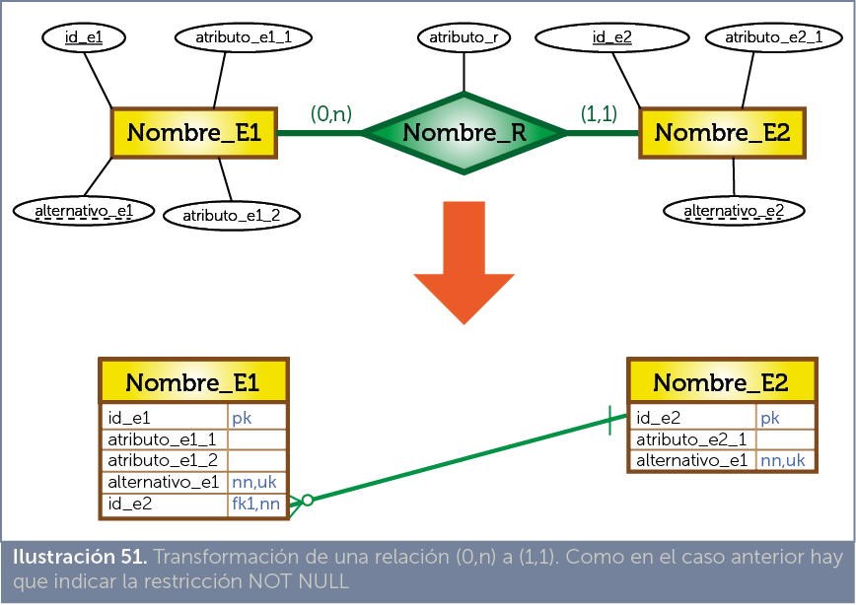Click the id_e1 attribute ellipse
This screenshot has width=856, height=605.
(84, 37)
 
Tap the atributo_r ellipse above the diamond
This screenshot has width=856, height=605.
(464, 37)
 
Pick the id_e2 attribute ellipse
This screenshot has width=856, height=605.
(611, 37)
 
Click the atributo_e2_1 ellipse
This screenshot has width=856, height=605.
(766, 37)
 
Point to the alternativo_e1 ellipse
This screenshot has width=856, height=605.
(84, 210)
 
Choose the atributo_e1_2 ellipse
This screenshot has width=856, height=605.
(231, 215)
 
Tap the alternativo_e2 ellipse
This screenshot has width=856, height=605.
(734, 210)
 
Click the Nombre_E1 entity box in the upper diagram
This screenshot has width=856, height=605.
(193, 132)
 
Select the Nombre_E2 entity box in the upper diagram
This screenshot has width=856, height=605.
(722, 132)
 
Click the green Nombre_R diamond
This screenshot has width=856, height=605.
(464, 133)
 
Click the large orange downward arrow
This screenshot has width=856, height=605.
(464, 261)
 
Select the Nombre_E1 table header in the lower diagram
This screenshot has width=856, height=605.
(192, 382)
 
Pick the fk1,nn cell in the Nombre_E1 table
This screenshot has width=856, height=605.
(255, 504)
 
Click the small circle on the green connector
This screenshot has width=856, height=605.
(307, 501)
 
